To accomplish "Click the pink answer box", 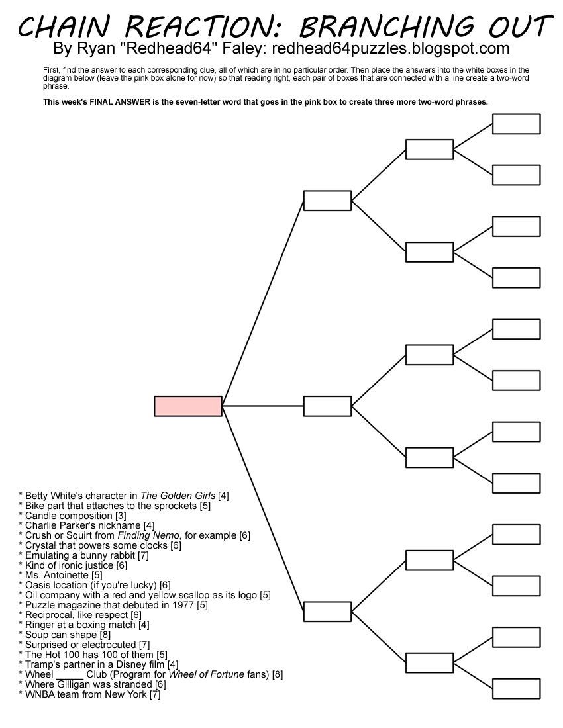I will tap(188, 406).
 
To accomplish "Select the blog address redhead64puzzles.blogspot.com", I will tap(391, 49).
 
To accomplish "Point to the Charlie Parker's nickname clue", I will tap(89, 525).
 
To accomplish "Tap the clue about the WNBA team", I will tap(92, 694).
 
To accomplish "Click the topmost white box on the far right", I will tap(516, 124).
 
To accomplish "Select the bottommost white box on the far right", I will tap(516, 688).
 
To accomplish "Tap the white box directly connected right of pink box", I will tap(327, 406).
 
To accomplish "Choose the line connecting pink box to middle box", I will tap(262, 406).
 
